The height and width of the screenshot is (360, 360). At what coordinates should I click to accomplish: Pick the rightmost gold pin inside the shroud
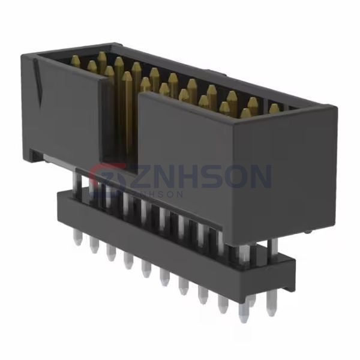tap(275, 109)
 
